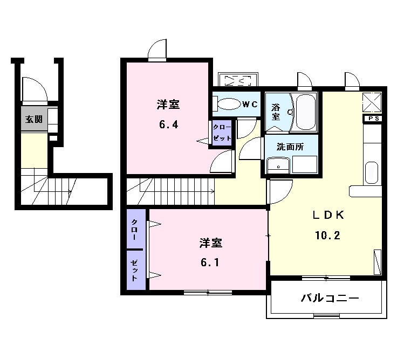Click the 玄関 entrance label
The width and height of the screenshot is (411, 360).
click(32, 119)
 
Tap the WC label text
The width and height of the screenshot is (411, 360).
click(249, 105)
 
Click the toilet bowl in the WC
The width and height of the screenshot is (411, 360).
click(226, 103)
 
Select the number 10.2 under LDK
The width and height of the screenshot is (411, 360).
click(328, 236)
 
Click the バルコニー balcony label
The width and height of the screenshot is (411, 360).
click(330, 298)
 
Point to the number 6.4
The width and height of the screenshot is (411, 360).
click(168, 124)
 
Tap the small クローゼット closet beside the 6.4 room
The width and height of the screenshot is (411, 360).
click(222, 132)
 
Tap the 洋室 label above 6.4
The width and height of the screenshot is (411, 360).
click(168, 104)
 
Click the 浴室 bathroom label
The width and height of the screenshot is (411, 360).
click(276, 112)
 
